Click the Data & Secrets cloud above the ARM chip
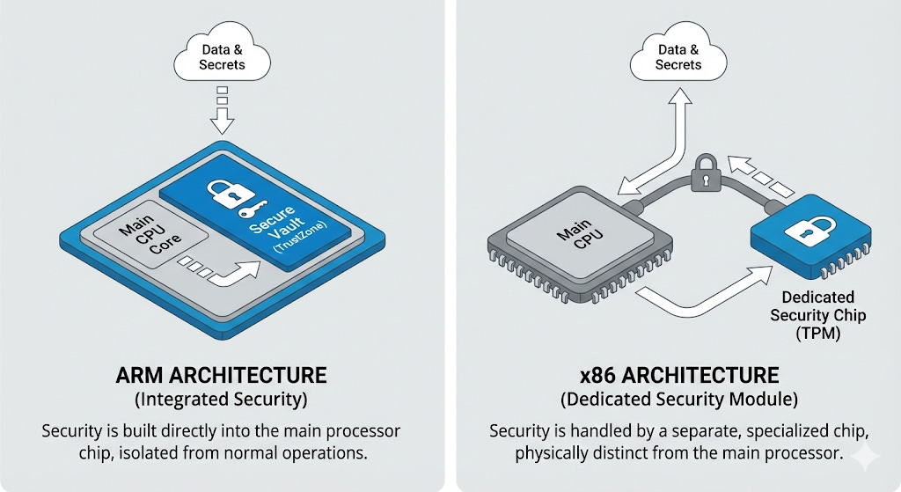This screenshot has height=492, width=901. pos(222,57)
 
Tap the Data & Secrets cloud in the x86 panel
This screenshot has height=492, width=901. pos(678,57)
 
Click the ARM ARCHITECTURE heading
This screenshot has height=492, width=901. pos(222,376)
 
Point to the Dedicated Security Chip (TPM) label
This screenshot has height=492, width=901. pos(806,315)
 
